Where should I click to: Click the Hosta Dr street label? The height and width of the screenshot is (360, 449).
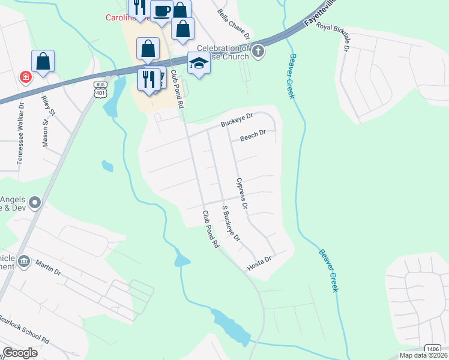pos(260,263)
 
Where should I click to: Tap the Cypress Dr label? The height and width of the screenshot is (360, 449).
pos(242,194)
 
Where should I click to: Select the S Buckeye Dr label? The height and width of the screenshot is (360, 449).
pos(231,224)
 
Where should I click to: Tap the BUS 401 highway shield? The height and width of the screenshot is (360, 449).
pos(100,88)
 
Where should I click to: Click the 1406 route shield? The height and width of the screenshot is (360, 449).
pos(432,349)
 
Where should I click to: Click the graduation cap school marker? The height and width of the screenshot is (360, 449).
pos(199,62)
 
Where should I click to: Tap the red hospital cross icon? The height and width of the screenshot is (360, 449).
pos(25,77)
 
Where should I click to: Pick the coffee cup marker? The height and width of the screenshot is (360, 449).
pos(161,11)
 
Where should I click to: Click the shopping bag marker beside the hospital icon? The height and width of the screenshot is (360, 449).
pos(43,61)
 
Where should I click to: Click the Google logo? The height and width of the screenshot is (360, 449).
pos(20,353)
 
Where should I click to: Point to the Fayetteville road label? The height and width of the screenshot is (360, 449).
pos(319,14)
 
